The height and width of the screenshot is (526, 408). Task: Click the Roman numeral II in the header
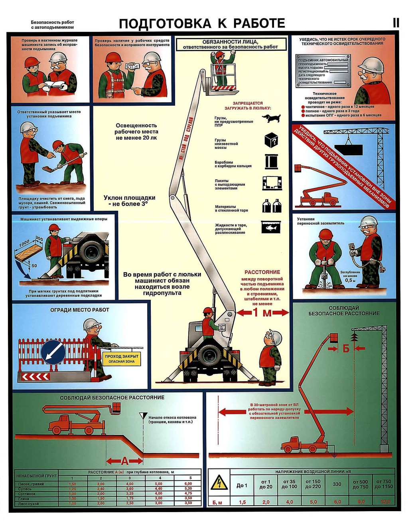(396, 23)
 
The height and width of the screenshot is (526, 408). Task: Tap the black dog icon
(271, 118)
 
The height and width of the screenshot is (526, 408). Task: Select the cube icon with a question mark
(271, 140)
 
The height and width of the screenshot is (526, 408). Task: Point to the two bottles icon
(271, 206)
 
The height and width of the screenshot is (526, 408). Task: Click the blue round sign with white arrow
(53, 352)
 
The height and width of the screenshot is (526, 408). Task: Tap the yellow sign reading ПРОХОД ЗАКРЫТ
(122, 358)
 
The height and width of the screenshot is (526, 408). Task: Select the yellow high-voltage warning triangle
(219, 484)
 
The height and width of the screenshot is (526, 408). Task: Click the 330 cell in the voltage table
(337, 484)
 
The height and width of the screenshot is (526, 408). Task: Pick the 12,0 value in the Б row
(385, 502)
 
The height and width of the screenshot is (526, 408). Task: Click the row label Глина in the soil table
(24, 498)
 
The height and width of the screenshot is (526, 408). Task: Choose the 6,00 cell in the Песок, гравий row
(188, 484)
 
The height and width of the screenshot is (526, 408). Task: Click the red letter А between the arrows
(125, 461)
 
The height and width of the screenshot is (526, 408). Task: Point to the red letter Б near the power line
(346, 348)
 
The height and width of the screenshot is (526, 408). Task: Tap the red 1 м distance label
(262, 313)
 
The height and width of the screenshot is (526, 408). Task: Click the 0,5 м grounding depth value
(350, 281)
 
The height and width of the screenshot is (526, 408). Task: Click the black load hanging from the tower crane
(349, 150)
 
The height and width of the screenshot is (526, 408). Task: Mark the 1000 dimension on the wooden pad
(25, 243)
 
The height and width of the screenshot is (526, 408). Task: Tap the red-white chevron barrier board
(36, 376)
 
